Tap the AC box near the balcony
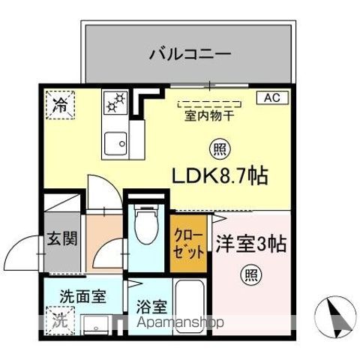271,97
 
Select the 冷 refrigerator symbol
58,106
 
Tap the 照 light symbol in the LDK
218,148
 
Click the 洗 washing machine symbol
58,319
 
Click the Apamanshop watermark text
183,325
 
